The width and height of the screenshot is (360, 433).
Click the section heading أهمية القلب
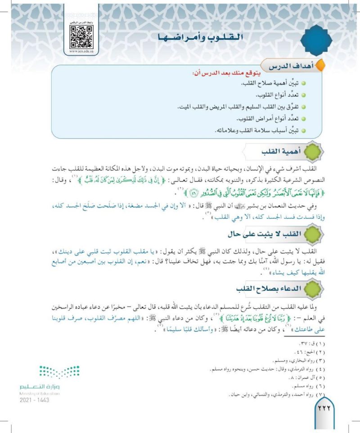275,153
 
